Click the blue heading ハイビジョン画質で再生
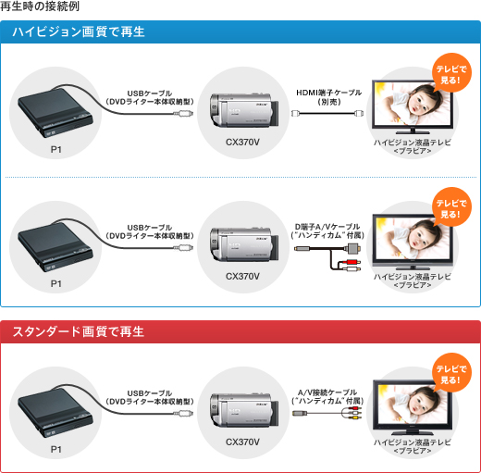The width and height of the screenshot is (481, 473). coord(79,31)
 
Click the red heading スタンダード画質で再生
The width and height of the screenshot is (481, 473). coord(79,331)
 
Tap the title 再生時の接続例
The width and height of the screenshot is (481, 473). coord(40,6)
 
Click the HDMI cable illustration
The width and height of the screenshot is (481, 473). coord(327,113)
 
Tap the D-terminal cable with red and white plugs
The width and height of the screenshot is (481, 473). coord(327,257)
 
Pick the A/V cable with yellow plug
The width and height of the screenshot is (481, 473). coord(327,413)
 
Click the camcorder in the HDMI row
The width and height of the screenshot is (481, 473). coord(244,110)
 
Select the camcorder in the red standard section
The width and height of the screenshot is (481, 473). coord(244,410)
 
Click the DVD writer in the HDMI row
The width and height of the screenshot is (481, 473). coord(55,113)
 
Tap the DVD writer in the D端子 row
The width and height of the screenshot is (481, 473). coord(55,247)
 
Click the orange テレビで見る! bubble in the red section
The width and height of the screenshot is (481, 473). coord(451,373)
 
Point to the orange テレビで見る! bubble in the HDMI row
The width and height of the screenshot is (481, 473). coord(451,73)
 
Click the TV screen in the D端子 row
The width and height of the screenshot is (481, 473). coord(413,239)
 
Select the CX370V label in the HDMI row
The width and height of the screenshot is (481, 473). coord(242,143)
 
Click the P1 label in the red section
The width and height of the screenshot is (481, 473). coord(56,449)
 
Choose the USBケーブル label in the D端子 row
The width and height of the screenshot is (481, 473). coord(150,231)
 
